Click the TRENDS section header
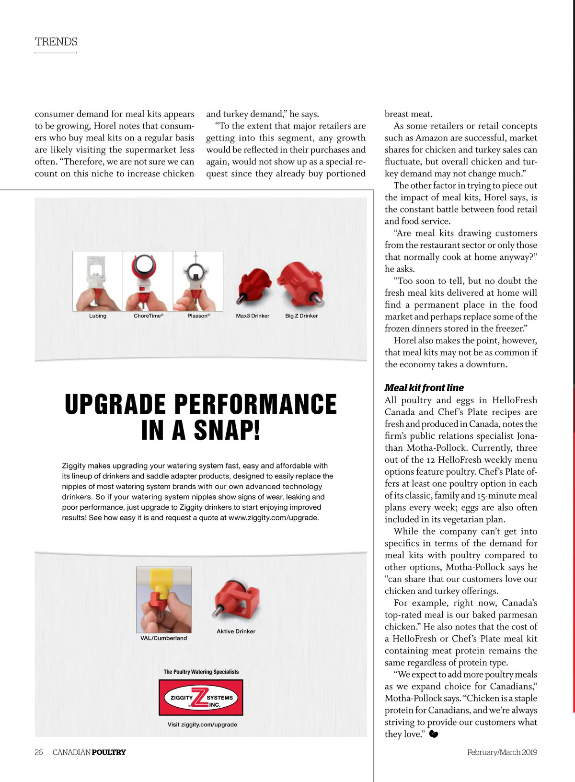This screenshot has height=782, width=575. pyautogui.click(x=56, y=42)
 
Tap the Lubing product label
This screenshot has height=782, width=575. pyautogui.click(x=98, y=316)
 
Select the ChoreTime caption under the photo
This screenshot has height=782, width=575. pyautogui.click(x=148, y=316)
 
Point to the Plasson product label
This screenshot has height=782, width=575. pyautogui.click(x=198, y=316)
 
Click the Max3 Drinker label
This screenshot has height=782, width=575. pyautogui.click(x=253, y=316)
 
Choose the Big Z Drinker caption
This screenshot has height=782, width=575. pyautogui.click(x=301, y=316)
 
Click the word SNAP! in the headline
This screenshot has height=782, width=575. pyautogui.click(x=227, y=430)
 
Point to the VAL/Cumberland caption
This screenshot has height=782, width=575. pyautogui.click(x=163, y=638)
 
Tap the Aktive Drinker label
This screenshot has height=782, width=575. pyautogui.click(x=236, y=631)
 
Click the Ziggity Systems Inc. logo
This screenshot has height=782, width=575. pyautogui.click(x=201, y=698)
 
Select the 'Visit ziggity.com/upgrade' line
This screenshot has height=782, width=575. pyautogui.click(x=202, y=724)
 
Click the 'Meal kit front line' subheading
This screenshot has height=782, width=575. pyautogui.click(x=424, y=388)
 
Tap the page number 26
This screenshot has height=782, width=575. pyautogui.click(x=39, y=752)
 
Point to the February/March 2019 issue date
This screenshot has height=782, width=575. pyautogui.click(x=502, y=752)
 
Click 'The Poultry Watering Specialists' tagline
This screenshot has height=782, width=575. pyautogui.click(x=201, y=672)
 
